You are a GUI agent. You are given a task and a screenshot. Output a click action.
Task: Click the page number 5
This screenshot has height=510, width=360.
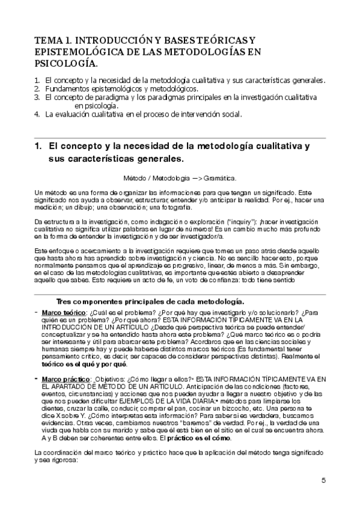pos(324,480)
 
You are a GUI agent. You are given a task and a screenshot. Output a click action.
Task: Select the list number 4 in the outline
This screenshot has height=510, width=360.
pos(37,114)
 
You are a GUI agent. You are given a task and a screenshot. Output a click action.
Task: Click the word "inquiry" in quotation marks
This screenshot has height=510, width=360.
pos(239,222)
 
